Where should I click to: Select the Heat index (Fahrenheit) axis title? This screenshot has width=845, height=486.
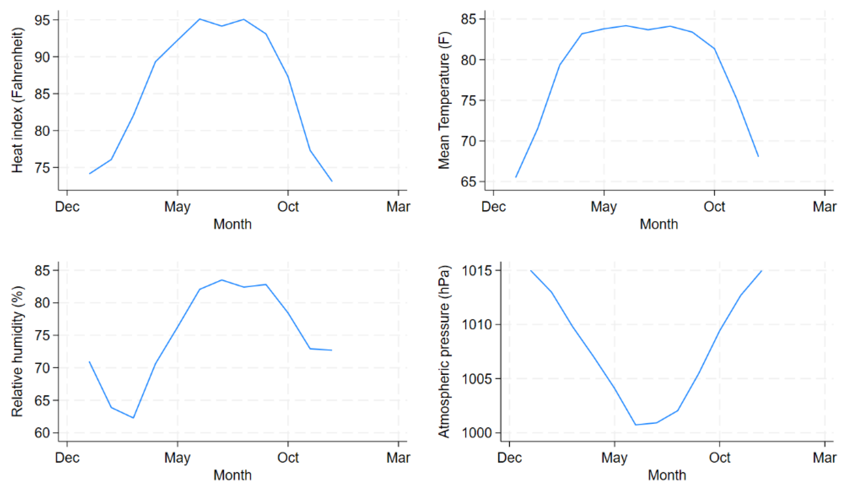[17, 100]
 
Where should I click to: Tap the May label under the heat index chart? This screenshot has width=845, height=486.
[177, 207]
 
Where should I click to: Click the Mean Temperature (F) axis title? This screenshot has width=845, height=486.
[444, 101]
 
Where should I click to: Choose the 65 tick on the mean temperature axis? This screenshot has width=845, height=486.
[470, 182]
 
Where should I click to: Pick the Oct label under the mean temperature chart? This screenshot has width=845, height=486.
[714, 207]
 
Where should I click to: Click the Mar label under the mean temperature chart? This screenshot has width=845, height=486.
[824, 207]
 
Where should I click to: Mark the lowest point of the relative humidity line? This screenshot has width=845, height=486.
[133, 418]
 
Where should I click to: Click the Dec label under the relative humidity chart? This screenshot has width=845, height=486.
[67, 458]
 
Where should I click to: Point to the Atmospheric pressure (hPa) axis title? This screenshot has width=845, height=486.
[444, 352]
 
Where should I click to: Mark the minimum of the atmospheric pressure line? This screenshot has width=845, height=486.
[636, 425]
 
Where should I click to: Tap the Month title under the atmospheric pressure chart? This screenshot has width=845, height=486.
[667, 475]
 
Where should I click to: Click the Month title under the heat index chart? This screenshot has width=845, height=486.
[233, 224]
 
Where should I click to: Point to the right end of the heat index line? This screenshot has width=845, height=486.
[332, 181]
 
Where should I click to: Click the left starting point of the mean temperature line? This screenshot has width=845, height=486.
[516, 177]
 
